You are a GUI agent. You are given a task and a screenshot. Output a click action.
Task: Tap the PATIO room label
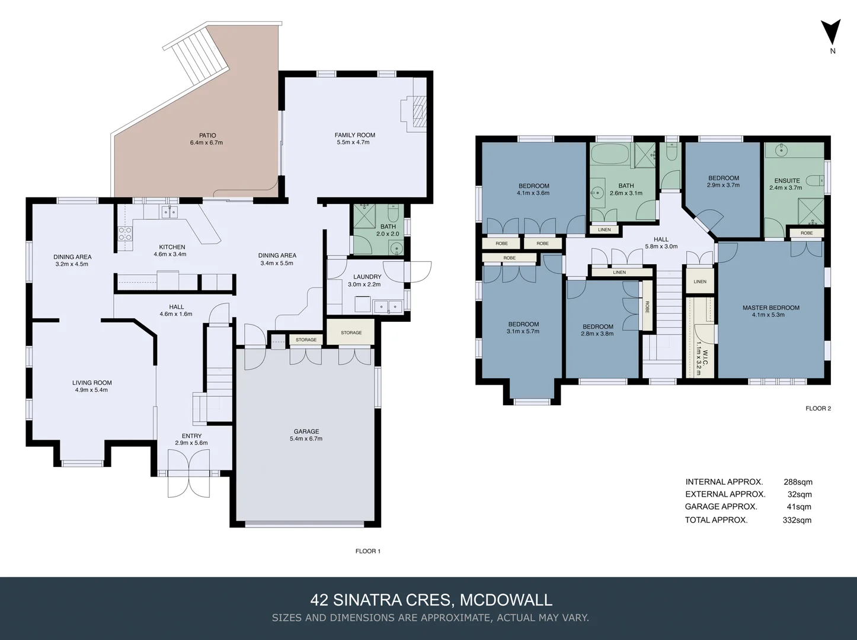tap(207, 135)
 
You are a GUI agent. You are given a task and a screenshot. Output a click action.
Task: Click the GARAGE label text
tap(306, 431)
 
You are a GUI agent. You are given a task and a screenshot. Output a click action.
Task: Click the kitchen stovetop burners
tap(125, 233)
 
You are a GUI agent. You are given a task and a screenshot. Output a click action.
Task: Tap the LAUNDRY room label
tap(367, 277)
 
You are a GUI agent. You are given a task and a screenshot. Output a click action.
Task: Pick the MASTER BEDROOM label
tap(770, 308)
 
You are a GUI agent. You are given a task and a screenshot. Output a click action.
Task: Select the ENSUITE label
tap(786, 181)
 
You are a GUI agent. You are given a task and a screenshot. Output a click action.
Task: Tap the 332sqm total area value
tap(797, 520)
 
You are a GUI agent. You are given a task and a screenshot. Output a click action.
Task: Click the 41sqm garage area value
tap(799, 507)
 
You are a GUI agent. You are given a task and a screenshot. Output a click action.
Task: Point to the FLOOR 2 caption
tap(818, 408)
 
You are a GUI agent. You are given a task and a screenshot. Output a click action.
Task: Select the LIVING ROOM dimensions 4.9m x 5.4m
tap(92, 390)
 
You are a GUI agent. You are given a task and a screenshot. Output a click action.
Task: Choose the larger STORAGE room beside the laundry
tap(351, 332)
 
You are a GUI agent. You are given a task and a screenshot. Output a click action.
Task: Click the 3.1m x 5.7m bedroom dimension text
tap(523, 331)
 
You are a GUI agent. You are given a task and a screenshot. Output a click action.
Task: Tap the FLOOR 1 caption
tap(367, 551)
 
